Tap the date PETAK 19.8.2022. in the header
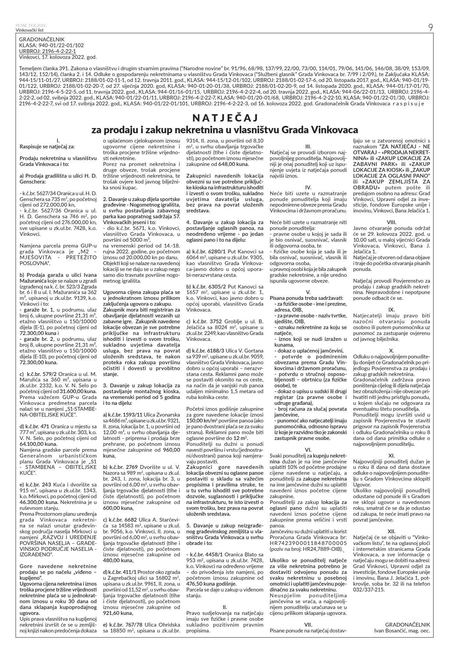[31, 25]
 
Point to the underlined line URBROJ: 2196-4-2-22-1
[48, 51]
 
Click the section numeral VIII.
[391, 222]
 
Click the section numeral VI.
[308, 450]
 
